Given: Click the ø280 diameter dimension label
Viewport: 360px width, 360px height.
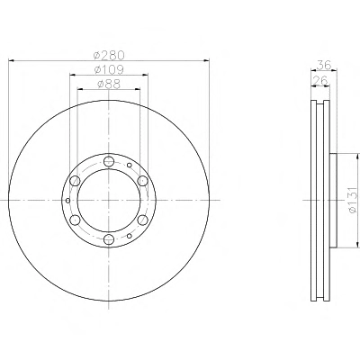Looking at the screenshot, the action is pos(109,55).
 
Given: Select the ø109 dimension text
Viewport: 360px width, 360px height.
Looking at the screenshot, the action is pos(109,69).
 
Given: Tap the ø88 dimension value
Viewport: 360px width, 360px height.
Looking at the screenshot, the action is pos(109,85).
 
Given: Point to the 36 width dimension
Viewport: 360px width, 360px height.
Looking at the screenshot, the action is pos(324,65).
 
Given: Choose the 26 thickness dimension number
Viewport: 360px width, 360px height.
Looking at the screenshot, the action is pos(319,80).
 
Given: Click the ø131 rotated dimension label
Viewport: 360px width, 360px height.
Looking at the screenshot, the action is pos(354,201).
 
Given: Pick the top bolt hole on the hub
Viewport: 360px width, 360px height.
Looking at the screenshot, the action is pos(109,161).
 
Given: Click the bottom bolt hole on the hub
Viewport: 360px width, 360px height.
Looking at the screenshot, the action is pos(109,239).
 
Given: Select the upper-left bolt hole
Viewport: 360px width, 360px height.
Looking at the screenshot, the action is pos(75,181).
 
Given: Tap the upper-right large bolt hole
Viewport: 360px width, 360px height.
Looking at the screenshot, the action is pos(143,181).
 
